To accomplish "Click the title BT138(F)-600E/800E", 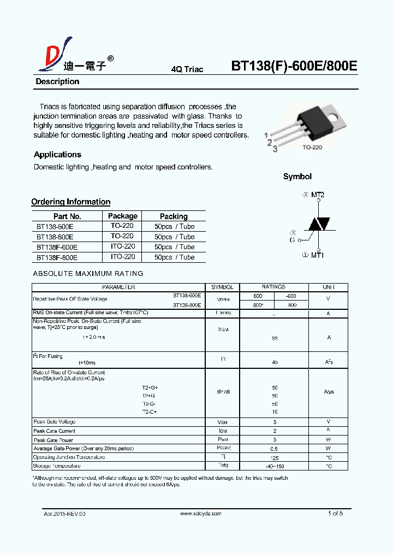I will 294,66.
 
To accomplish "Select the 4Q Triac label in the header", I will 187,69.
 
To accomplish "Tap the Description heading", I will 57,81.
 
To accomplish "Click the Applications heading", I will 57,155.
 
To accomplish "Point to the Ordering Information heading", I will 70,202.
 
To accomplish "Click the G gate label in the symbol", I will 292,239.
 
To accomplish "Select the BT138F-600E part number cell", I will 57,247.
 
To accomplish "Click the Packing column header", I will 174,216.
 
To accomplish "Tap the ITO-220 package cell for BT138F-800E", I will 122,257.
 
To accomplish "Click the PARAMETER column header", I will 118,287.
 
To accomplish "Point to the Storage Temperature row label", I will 57,466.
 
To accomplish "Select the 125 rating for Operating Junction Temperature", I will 274,457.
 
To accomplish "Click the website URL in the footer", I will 201,514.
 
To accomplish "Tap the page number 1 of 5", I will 335,513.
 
